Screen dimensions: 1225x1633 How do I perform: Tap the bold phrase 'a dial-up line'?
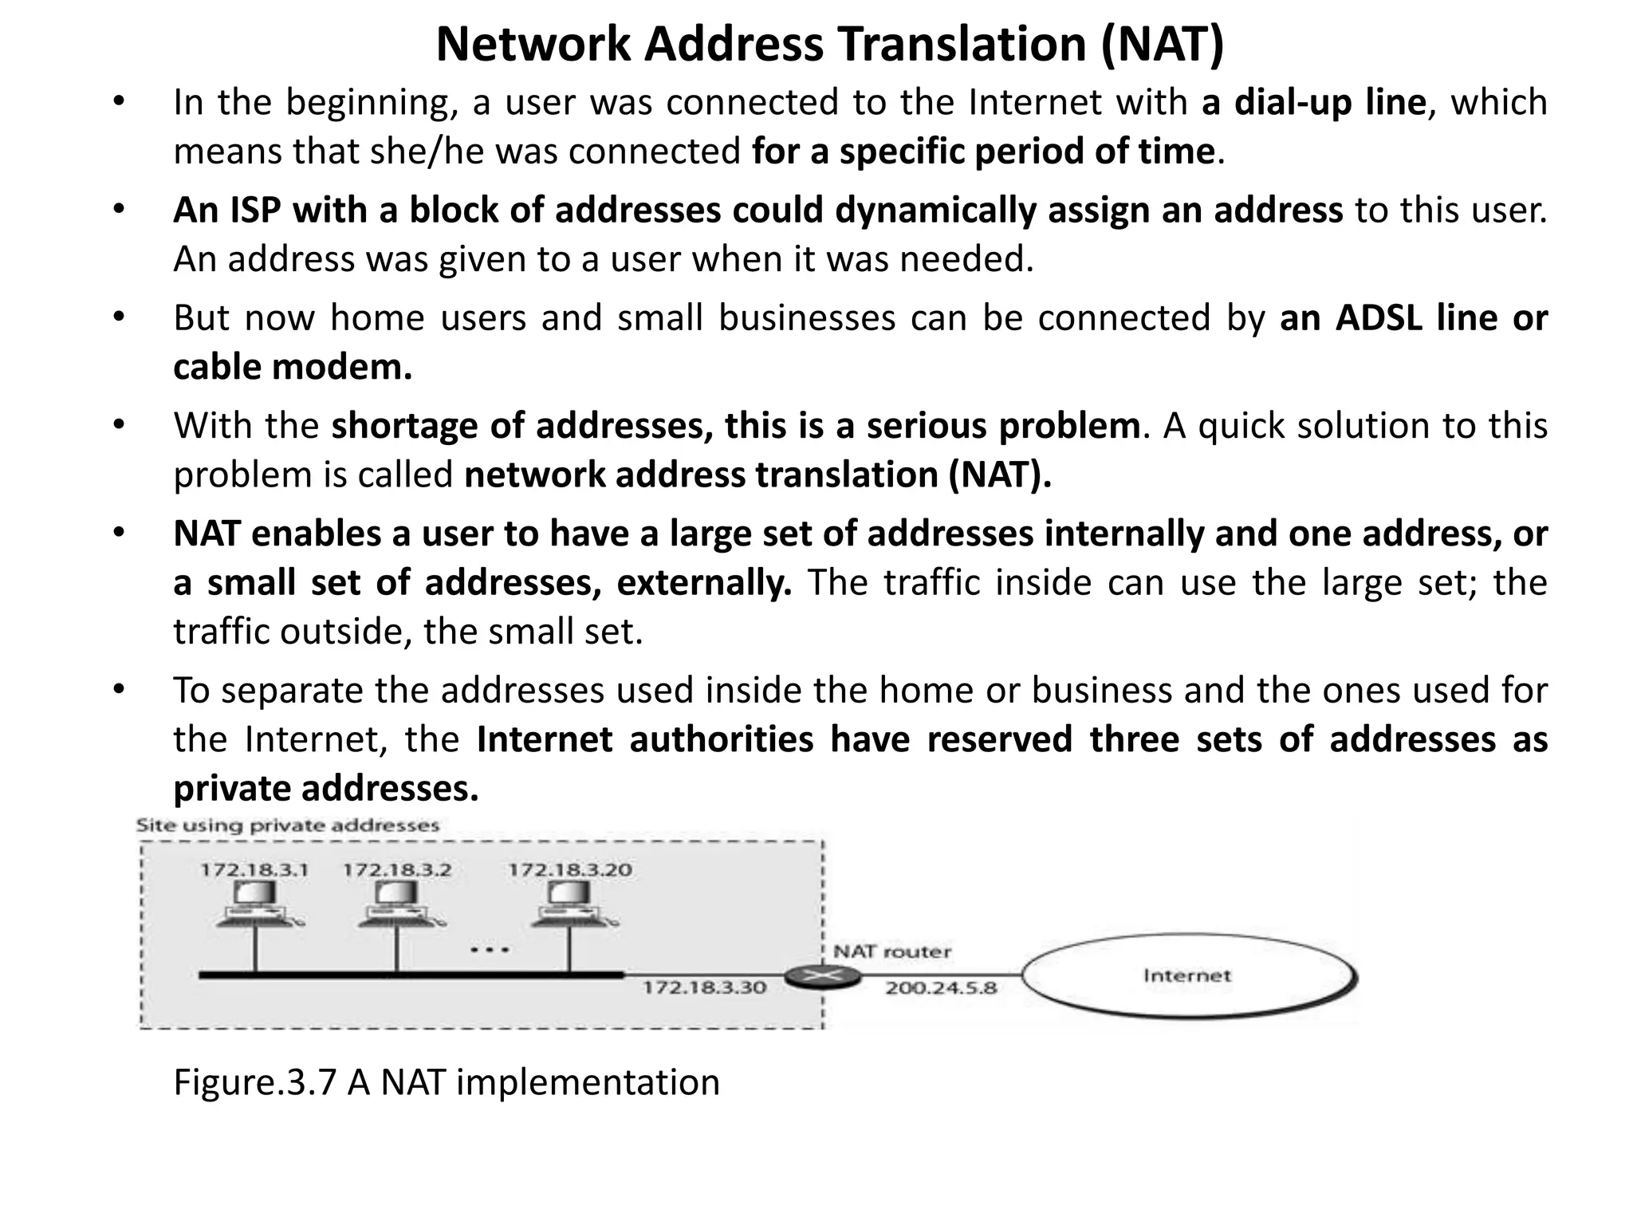(x=1313, y=103)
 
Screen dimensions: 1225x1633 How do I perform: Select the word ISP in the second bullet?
(x=255, y=211)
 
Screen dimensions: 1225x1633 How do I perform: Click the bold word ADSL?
(x=1378, y=318)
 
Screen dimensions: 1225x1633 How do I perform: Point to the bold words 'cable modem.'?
(x=293, y=368)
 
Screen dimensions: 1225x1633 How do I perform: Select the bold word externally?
(x=704, y=583)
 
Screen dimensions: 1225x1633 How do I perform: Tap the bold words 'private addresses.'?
(x=326, y=789)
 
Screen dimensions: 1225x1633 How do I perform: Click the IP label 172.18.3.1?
(x=254, y=870)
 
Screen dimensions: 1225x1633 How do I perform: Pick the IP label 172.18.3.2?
(x=397, y=870)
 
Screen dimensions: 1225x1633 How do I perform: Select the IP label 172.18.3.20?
(x=570, y=870)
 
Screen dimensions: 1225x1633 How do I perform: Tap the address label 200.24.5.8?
(x=941, y=989)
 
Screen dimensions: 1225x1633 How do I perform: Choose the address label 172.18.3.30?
(x=704, y=988)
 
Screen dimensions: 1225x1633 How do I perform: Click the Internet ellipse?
(x=1188, y=976)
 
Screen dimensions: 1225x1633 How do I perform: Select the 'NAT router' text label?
(x=891, y=952)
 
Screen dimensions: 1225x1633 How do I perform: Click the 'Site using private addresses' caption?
(x=287, y=825)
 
